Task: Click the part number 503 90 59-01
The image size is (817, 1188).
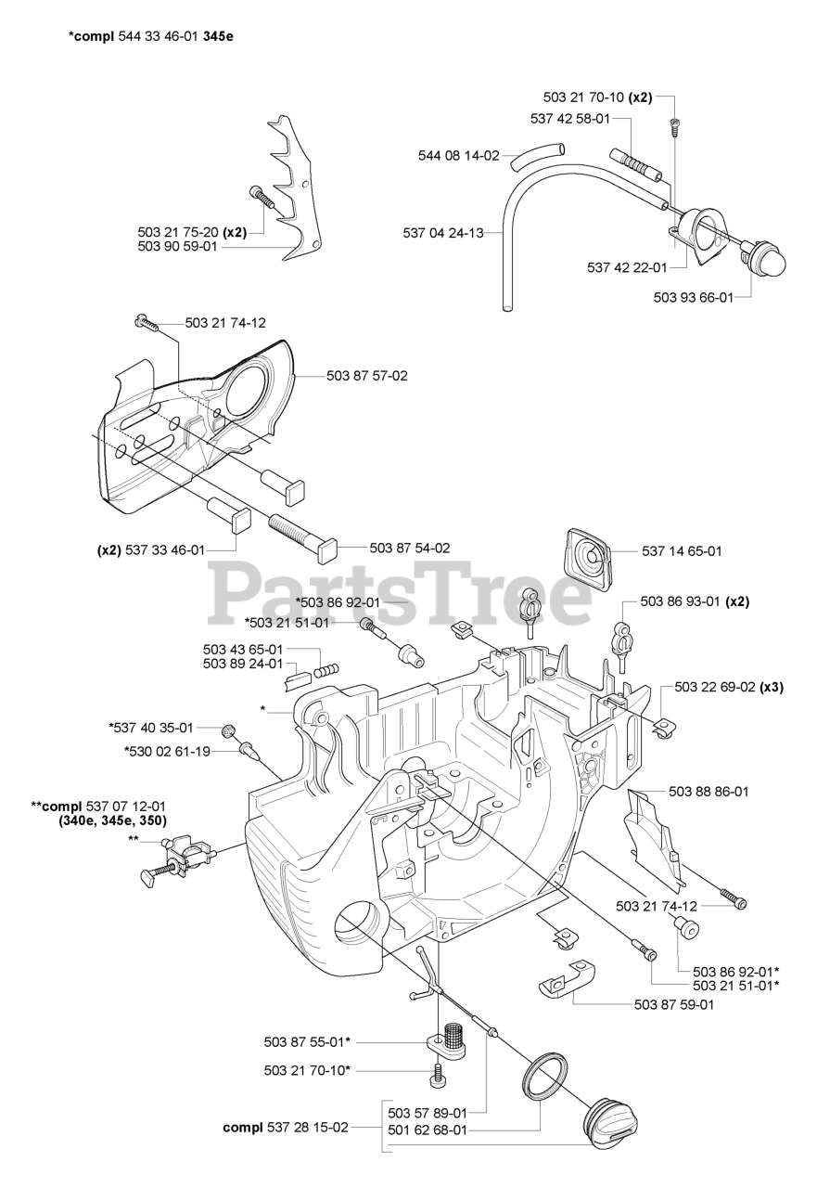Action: coord(177,247)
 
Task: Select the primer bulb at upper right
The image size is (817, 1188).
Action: coord(761,257)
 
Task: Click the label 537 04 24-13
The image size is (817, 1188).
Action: coord(443,233)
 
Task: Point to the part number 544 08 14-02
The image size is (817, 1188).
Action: coord(458,155)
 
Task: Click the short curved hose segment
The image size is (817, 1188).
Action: coord(538,156)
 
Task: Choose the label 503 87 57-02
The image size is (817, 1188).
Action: coord(366,376)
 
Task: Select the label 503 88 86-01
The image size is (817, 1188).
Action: coord(708,792)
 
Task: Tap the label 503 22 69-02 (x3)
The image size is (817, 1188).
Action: coord(729,687)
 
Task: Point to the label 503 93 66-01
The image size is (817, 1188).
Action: coord(694,298)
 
